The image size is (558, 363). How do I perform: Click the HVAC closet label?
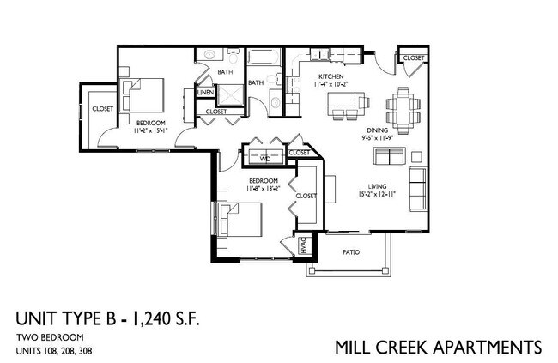(x=303, y=245)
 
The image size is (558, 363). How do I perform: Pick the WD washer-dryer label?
(x=264, y=158)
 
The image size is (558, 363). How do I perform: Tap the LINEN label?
(x=205, y=92)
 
